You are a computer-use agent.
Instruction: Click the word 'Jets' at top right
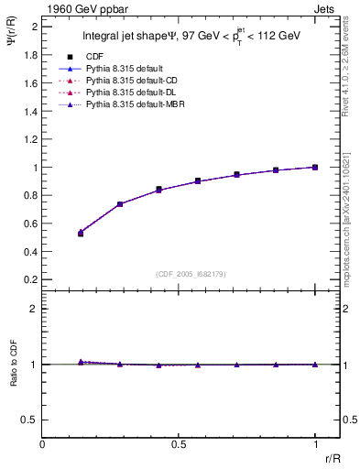click(325, 8)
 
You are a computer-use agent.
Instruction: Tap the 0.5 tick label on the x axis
click(179, 443)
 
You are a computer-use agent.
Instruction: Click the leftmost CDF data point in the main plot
click(81, 234)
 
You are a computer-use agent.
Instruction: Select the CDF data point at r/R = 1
click(315, 167)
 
